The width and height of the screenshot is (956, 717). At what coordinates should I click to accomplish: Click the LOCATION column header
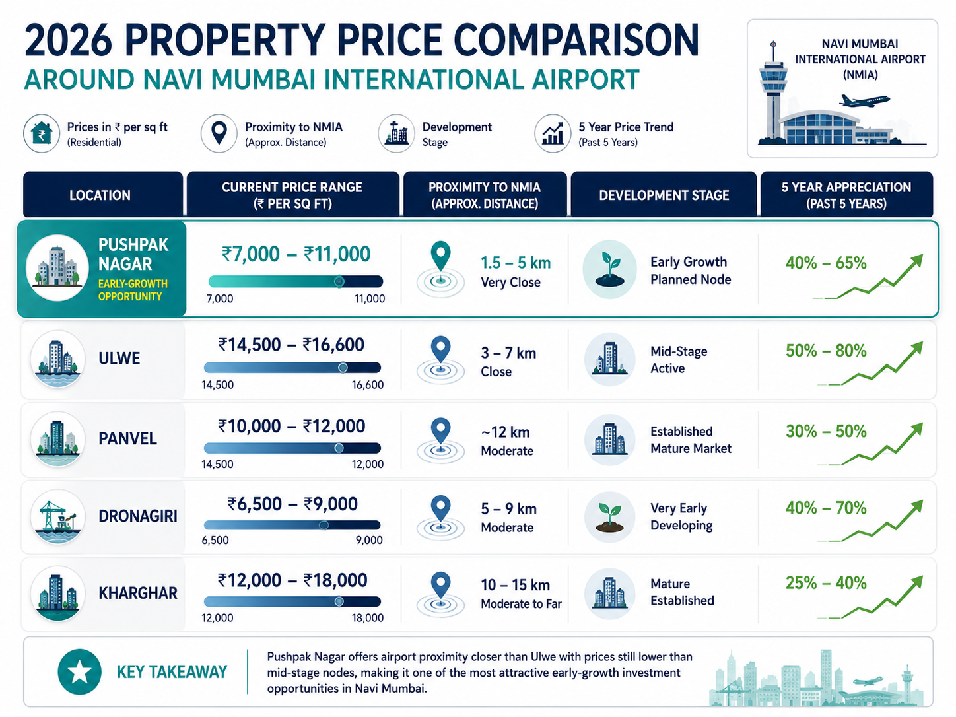pos(100,195)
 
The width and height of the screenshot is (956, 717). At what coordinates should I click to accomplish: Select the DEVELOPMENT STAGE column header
pos(664,195)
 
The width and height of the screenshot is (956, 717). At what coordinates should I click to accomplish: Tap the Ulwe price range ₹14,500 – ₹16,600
pos(291,345)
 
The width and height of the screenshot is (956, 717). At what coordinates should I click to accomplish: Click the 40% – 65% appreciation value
pos(826,263)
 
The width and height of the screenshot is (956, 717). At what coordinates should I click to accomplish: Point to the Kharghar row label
pos(137,593)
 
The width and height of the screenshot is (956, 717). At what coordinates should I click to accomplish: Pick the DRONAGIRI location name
pos(137,516)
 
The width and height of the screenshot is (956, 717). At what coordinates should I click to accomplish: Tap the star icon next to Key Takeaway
pos(79,671)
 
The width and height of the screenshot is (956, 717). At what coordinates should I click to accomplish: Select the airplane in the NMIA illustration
pos(864,101)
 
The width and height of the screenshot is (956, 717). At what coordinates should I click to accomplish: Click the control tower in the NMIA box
pos(773,91)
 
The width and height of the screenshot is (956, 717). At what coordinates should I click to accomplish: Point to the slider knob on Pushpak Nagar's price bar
pos(339,281)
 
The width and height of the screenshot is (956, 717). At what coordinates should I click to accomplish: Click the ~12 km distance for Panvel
pos(505,432)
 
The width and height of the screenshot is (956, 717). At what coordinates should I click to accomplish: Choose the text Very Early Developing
pos(681,517)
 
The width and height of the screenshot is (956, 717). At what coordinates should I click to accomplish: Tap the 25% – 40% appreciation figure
pos(826,583)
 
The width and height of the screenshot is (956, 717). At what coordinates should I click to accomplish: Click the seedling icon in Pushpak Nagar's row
pos(610,269)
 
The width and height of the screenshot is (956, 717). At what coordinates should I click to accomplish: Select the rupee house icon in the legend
pos(42,133)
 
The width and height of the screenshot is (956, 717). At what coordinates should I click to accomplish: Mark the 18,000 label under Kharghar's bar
pos(368,618)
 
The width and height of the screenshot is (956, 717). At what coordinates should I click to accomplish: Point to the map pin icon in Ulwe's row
pos(440,349)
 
